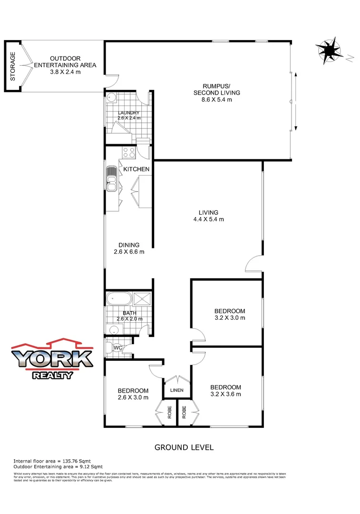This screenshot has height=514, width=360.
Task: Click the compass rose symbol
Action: [329, 51]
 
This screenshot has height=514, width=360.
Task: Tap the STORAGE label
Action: [13, 65]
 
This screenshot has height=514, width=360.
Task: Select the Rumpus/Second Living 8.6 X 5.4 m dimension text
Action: [217, 100]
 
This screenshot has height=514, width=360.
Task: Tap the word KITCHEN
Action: [136, 169]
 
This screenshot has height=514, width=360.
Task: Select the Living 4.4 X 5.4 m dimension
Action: [208, 219]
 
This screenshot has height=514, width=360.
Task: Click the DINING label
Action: [129, 245]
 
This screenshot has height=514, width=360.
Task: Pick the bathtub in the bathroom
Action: [119, 300]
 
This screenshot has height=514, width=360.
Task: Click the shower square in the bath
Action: [142, 298]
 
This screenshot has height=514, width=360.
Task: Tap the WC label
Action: [117, 348]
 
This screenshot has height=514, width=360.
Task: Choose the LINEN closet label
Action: [178, 391]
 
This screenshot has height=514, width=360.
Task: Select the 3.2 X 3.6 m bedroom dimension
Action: [225, 394]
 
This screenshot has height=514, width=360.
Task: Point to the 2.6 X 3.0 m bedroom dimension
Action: [133, 397]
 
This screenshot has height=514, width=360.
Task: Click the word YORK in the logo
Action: [52, 359]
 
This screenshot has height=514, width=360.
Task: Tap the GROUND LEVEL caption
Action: [184, 447]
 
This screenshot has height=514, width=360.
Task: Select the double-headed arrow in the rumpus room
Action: [296, 101]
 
